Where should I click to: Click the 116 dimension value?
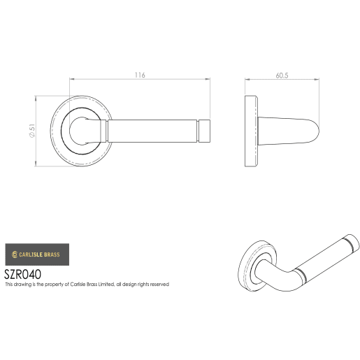point(141,75)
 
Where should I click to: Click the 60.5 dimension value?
point(282,75)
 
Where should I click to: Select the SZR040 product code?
point(22,275)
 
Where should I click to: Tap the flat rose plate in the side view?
point(250,131)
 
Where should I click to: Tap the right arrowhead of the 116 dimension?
point(210,82)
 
